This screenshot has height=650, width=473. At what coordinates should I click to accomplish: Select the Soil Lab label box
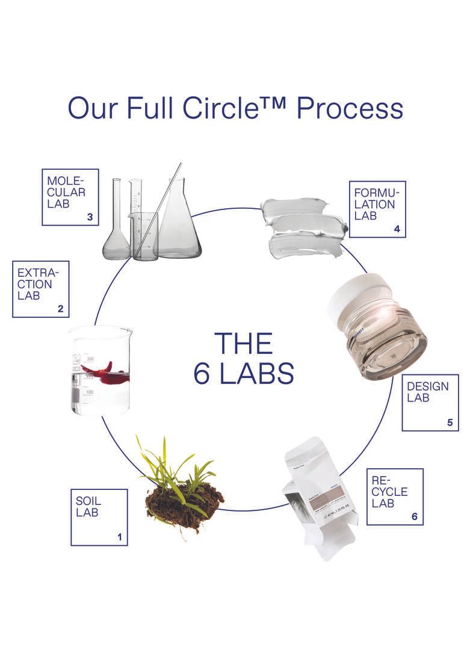pyautogui.click(x=99, y=517)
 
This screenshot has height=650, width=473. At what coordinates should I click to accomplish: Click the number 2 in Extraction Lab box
pyautogui.click(x=60, y=309)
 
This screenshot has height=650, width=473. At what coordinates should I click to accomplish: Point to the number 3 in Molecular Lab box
pyautogui.click(x=90, y=218)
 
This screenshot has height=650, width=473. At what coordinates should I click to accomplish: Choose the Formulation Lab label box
pyautogui.click(x=377, y=209)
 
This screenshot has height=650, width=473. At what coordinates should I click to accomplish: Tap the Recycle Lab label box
pyautogui.click(x=394, y=496)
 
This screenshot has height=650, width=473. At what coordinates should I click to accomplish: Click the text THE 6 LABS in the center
pyautogui.click(x=244, y=359)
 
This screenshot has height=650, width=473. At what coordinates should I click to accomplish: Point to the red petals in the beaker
pyautogui.click(x=105, y=373)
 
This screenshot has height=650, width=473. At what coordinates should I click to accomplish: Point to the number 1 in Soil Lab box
pyautogui.click(x=120, y=537)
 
